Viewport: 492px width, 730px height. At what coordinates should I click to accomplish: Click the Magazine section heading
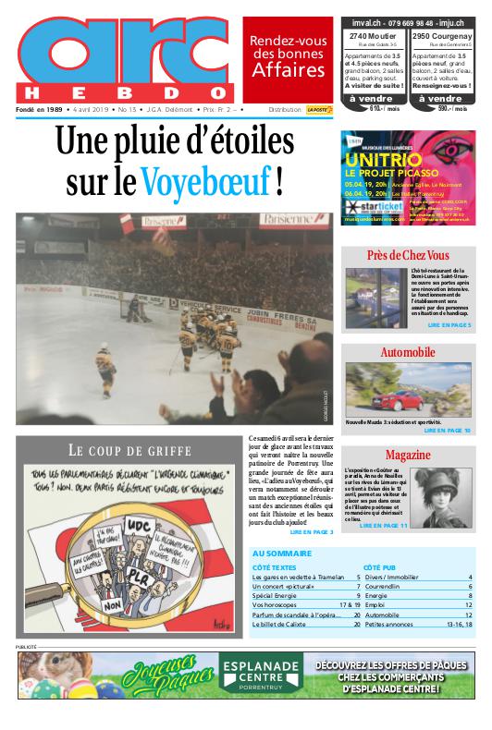point(408,456)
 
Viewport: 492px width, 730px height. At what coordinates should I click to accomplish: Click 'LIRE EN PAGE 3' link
point(312,532)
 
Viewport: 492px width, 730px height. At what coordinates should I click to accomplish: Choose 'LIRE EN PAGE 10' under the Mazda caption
point(448,431)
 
